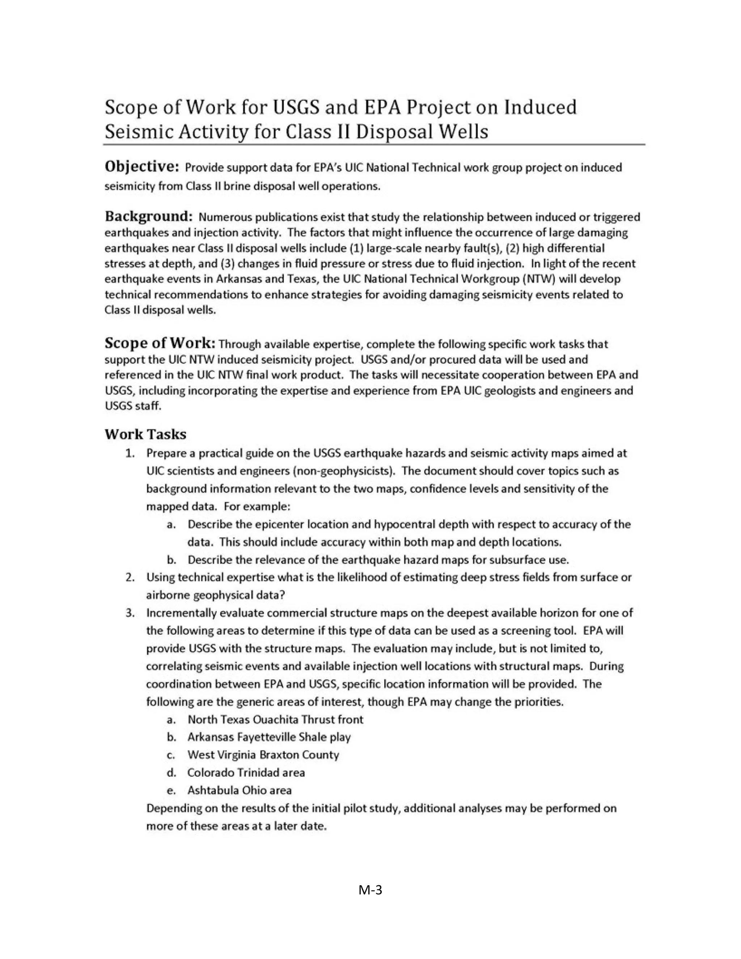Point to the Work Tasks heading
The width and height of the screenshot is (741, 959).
click(145, 434)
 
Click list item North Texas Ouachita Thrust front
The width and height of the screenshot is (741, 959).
click(275, 719)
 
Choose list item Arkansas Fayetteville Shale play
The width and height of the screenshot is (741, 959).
click(269, 737)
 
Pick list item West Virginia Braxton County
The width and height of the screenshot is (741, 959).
click(263, 755)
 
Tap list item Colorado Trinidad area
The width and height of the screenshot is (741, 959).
click(246, 772)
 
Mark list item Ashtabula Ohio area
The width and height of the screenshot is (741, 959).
click(239, 790)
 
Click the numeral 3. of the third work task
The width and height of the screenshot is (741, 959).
click(130, 613)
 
